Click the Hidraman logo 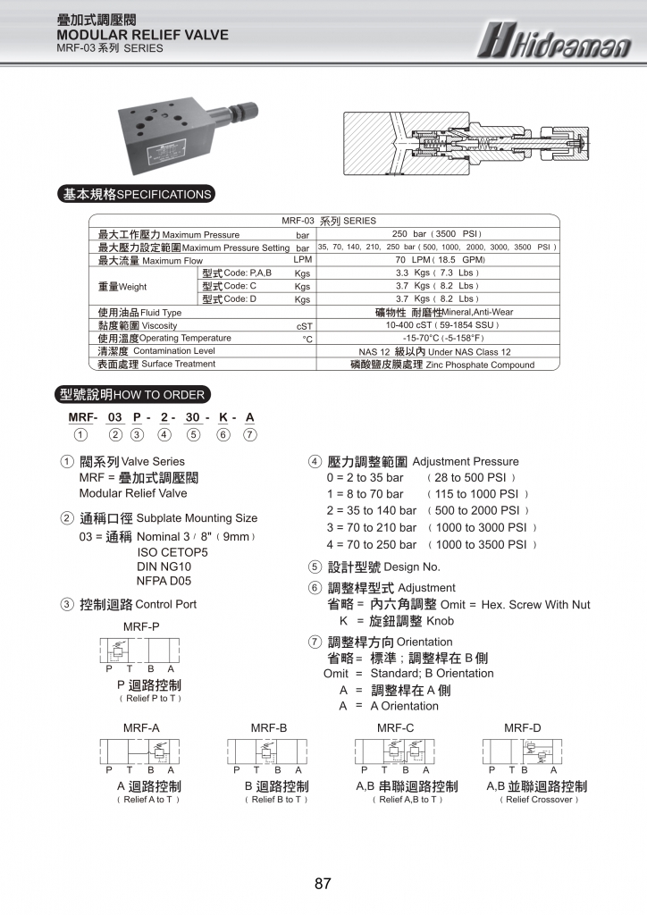[x=552, y=40]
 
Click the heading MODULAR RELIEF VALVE [x=142, y=35]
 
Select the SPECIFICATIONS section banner [x=136, y=194]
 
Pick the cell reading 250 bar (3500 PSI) [x=437, y=234]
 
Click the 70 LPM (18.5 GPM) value [x=437, y=260]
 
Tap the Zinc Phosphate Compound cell [x=437, y=365]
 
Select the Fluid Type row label [x=139, y=313]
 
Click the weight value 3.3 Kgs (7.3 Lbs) [x=437, y=273]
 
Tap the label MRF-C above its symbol [x=396, y=728]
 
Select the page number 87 [x=323, y=885]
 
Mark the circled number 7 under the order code [x=250, y=435]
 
